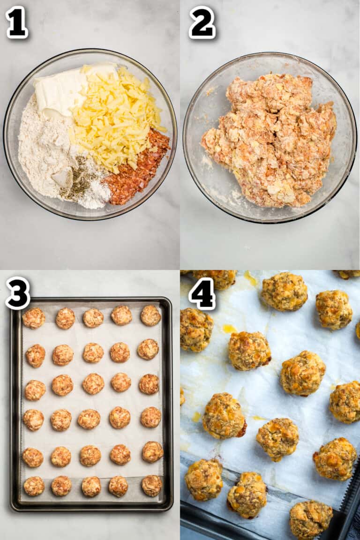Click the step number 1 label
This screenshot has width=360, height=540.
tap(16, 22)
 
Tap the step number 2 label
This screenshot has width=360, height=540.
tap(202, 22)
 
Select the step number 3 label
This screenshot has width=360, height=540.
tap(18, 293)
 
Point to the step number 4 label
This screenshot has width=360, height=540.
tap(202, 293)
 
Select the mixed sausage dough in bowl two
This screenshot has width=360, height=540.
tap(270, 141)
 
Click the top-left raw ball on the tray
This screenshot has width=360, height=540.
tap(34, 318)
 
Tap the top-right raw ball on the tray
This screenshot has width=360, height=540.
tap(150, 315)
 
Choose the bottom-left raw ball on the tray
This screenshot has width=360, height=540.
tap(34, 486)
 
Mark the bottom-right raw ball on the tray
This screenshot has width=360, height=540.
tap(151, 486)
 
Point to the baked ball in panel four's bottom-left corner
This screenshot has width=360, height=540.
tap(203, 480)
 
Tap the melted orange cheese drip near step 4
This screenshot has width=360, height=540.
tap(229, 329)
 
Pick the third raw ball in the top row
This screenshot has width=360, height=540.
tap(93, 318)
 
